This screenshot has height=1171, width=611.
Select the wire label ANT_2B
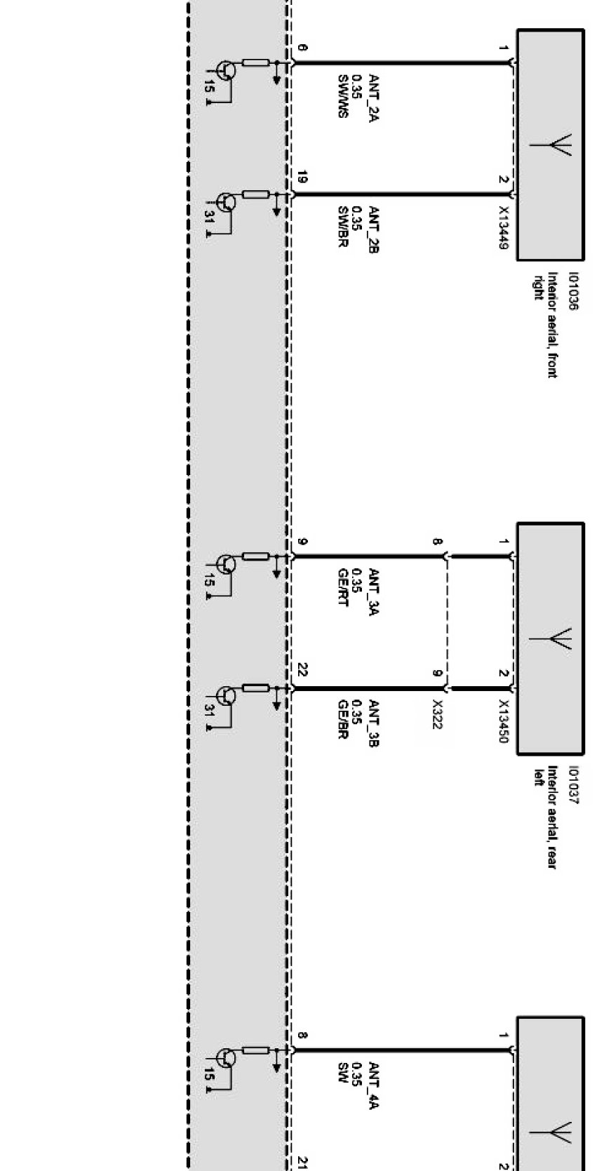(373, 229)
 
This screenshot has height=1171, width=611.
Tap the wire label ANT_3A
(373, 591)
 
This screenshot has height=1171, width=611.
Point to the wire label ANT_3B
(373, 723)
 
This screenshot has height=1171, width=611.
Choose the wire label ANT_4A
(373, 1085)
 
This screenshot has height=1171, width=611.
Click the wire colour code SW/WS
(343, 96)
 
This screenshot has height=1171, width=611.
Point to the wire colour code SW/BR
(343, 227)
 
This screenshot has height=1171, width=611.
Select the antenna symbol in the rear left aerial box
(552, 639)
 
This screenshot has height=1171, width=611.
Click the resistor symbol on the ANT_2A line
(255, 63)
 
